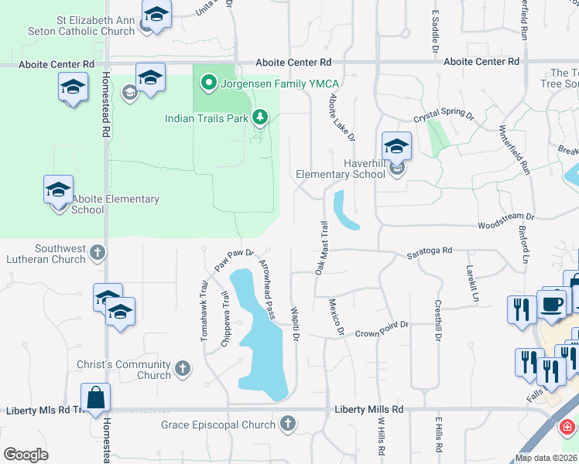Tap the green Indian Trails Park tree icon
point(262,118)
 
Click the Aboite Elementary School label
point(115,204)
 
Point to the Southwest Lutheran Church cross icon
point(98,251)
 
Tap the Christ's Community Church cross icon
point(183,369)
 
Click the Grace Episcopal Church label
point(218,425)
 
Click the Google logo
point(26,455)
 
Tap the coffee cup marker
point(551,305)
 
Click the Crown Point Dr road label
point(382,334)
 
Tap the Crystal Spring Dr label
point(443,115)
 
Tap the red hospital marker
point(567,427)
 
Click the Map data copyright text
point(546,458)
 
